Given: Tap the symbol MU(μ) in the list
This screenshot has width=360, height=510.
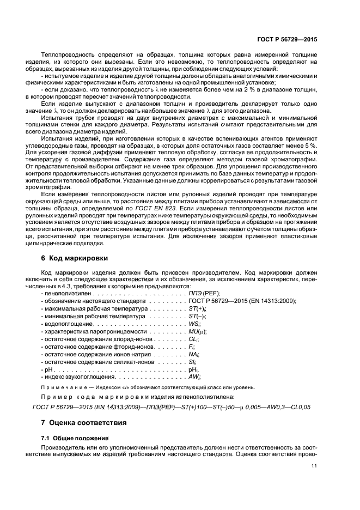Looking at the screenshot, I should pyautogui.click(x=198, y=331).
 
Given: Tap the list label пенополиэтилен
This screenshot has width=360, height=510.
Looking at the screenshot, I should pyautogui.click(x=65, y=293).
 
